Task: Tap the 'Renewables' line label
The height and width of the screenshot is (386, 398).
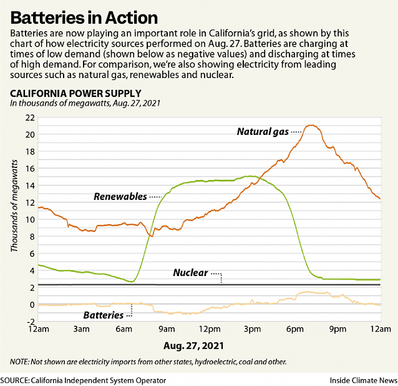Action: pos(120,196)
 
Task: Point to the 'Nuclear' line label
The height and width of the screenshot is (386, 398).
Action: pos(190,273)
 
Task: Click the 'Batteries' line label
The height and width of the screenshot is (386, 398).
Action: pos(103,315)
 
